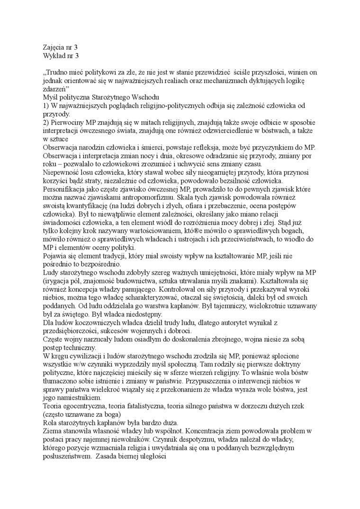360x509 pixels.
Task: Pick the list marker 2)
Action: tap(46, 122)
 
